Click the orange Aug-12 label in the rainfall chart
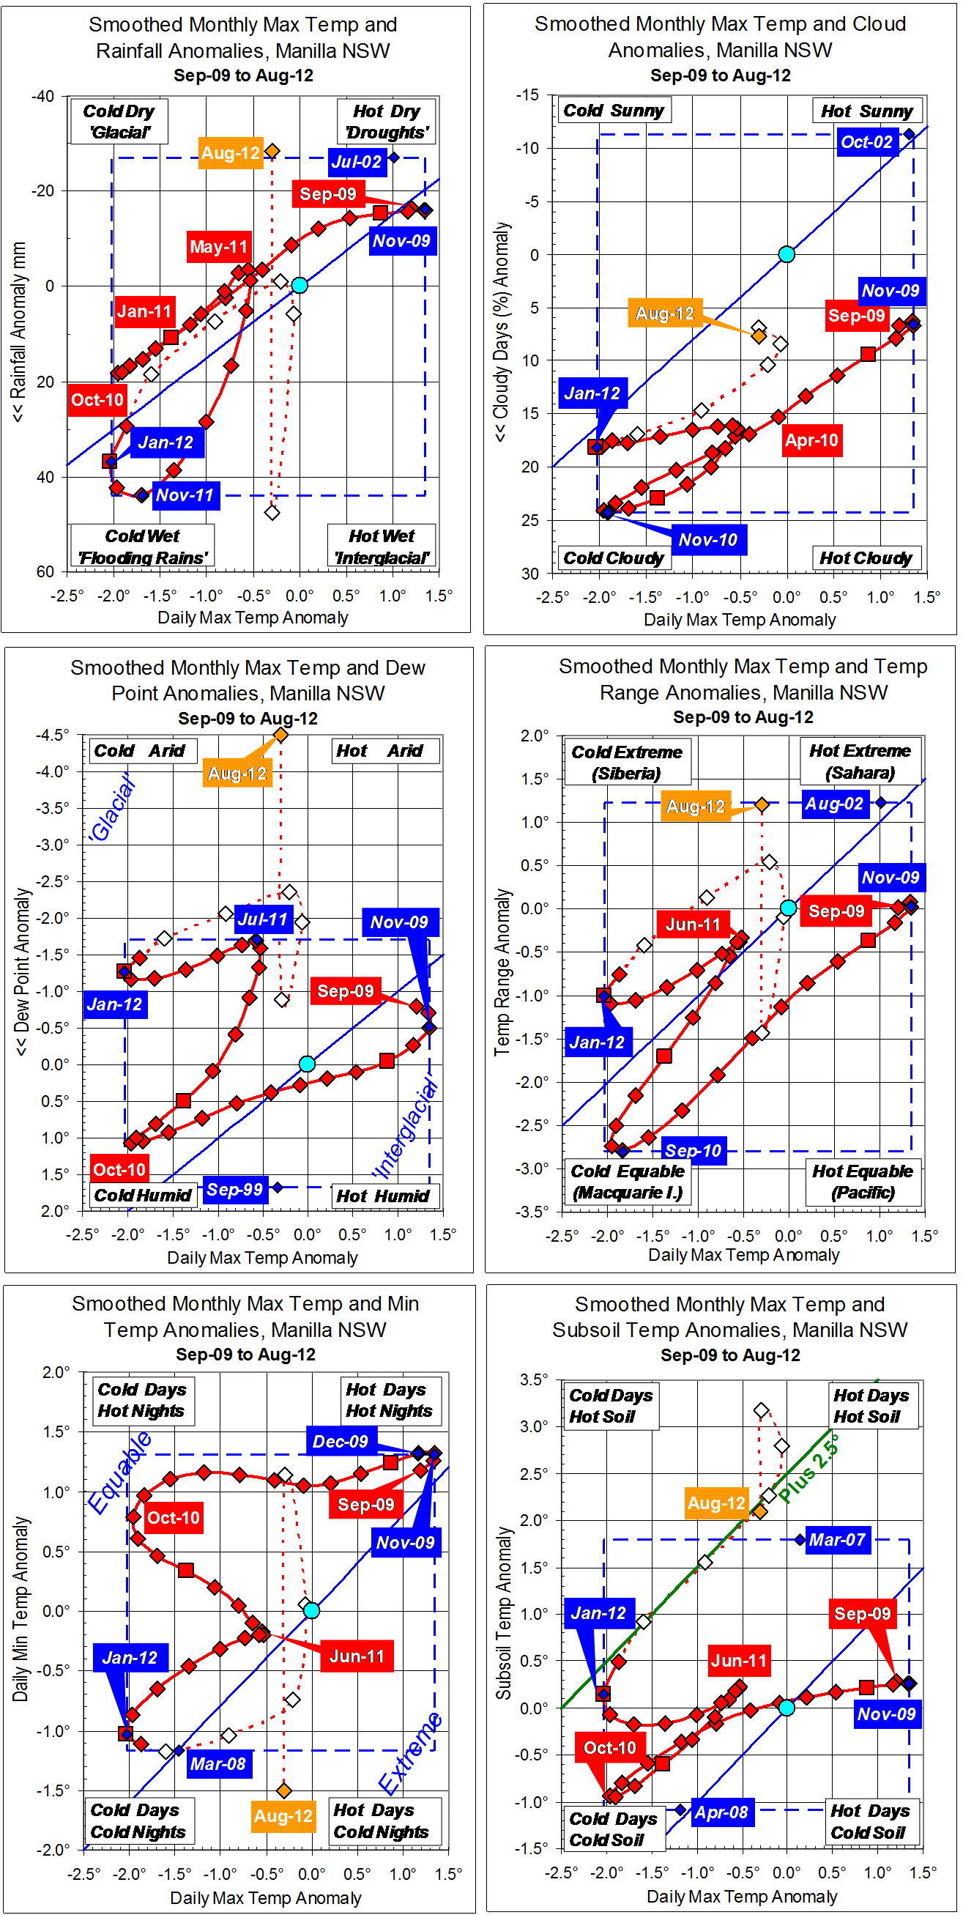tap(231, 154)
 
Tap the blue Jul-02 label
tap(357, 162)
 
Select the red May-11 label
tap(218, 247)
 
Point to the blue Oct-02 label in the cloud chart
tap(866, 142)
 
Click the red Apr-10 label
tap(811, 441)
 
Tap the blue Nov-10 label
tap(708, 541)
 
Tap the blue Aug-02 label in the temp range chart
tap(834, 804)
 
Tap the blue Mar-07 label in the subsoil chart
tap(838, 1541)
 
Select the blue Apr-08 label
tap(721, 1812)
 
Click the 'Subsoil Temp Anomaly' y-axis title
tap(505, 1614)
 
